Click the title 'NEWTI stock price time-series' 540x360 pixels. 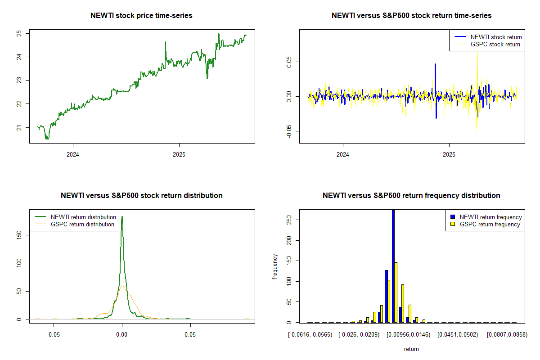click(141, 16)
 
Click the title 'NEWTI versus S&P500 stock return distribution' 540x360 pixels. click(141, 196)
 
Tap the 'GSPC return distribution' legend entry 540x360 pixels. click(82, 224)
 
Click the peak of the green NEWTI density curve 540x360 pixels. click(122, 217)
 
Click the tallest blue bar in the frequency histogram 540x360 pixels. click(393, 265)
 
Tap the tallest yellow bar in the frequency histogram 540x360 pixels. click(396, 292)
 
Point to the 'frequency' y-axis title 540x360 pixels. click(275, 267)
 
